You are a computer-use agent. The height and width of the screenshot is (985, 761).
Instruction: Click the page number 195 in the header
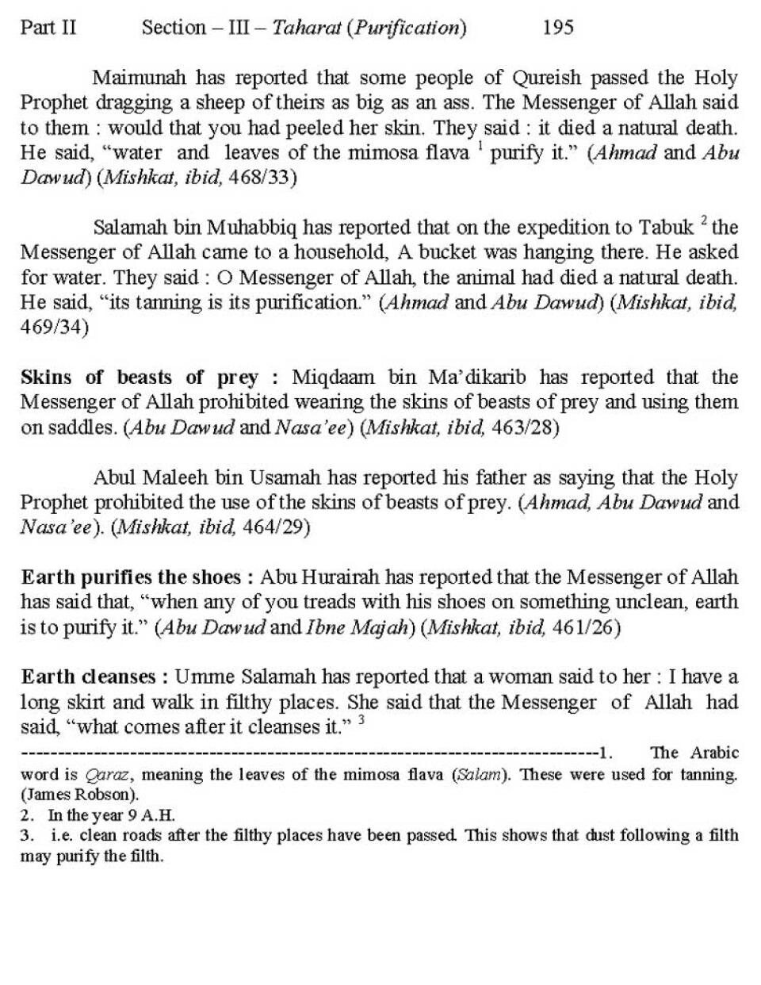click(x=558, y=28)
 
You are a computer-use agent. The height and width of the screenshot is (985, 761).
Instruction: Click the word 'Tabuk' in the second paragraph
click(x=667, y=228)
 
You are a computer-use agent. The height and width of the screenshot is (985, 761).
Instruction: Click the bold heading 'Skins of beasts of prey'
click(x=140, y=377)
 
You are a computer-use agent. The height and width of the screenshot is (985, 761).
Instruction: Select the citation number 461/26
click(x=586, y=627)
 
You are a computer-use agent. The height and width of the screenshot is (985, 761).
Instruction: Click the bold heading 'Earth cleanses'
click(x=89, y=677)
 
